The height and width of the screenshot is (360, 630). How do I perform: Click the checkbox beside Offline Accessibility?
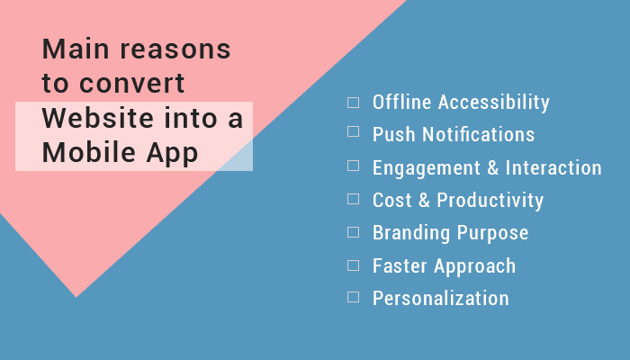353,103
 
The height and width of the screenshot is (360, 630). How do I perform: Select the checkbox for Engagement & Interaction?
353,167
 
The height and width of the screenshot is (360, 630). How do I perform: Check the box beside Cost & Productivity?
353,200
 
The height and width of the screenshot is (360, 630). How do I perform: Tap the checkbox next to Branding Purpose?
353,232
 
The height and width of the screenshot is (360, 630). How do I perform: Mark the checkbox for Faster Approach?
353,265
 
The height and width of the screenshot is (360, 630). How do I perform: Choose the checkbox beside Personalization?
353,297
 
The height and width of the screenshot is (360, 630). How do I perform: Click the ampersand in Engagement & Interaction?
492,168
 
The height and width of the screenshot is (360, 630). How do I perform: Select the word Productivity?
490,201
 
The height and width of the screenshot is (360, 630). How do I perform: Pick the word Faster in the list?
400,265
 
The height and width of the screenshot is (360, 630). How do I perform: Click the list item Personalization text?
441,298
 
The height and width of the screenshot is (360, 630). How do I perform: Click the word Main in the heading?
71,49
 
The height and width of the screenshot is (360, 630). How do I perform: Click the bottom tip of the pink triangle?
76,295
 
